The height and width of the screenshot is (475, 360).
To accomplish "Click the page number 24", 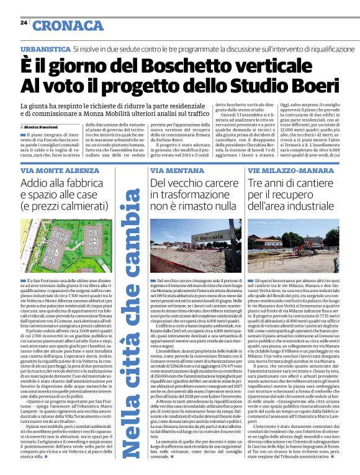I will [x=24, y=22].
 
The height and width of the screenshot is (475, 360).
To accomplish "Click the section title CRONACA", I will [x=68, y=25].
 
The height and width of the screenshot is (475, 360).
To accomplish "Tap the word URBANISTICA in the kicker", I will [x=44, y=48].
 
